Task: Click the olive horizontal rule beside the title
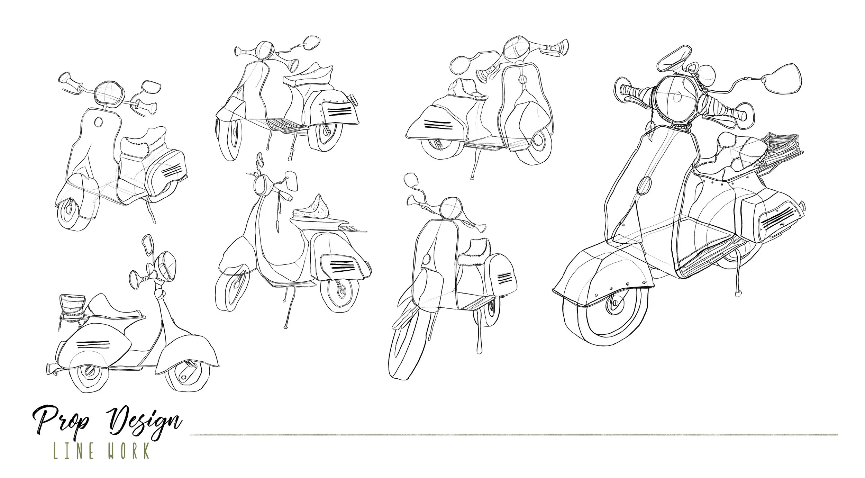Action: [x=513, y=435]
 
